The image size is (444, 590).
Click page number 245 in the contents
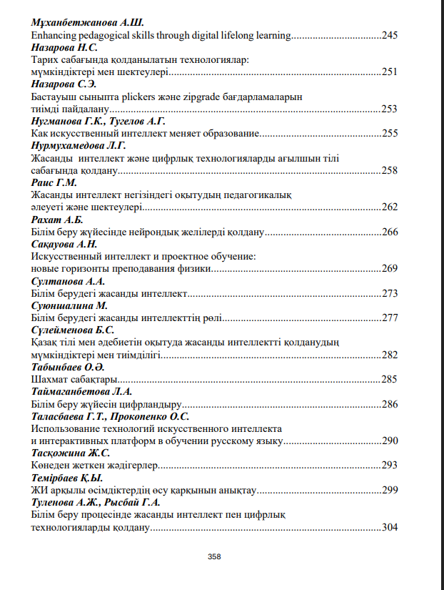coord(390,34)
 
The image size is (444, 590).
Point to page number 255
coord(390,133)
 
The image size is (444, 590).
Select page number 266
coord(390,232)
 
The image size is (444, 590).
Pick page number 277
coord(390,318)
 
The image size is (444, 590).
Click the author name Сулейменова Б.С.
coord(73,330)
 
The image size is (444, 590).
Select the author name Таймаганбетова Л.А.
coord(80,391)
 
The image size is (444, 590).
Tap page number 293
coord(390,465)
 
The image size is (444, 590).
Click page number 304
coord(390,527)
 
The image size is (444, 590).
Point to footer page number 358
coord(213,556)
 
